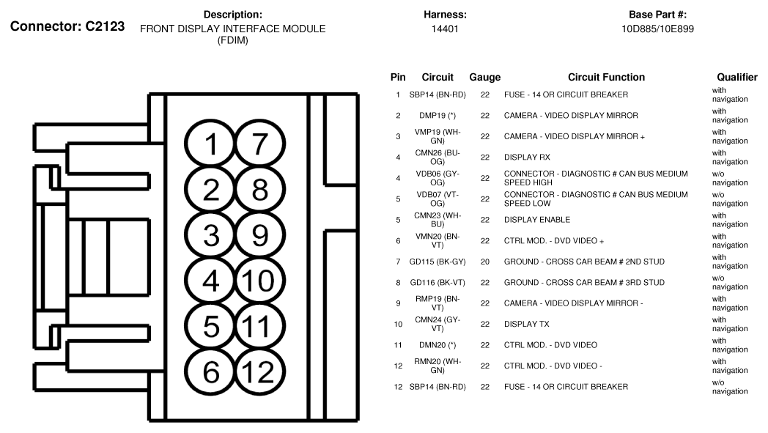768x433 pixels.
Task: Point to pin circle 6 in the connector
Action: tap(211, 372)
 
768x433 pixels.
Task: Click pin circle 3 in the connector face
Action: tap(211, 235)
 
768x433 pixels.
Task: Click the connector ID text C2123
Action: tap(100, 27)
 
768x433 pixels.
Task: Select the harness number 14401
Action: tap(445, 29)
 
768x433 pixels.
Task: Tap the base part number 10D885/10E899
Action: tap(657, 29)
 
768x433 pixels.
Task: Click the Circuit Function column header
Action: tap(606, 77)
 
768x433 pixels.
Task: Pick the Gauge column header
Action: tap(484, 77)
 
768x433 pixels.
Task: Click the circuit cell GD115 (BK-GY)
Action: tap(437, 262)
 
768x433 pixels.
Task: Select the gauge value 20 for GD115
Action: tap(484, 262)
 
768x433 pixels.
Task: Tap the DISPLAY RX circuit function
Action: tap(527, 157)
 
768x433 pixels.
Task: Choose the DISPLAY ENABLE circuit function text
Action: tap(536, 220)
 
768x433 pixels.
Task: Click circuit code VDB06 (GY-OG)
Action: tap(437, 178)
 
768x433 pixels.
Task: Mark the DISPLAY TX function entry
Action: tap(526, 324)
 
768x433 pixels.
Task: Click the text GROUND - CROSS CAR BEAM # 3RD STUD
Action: tap(584, 282)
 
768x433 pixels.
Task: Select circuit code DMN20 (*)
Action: tap(437, 345)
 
